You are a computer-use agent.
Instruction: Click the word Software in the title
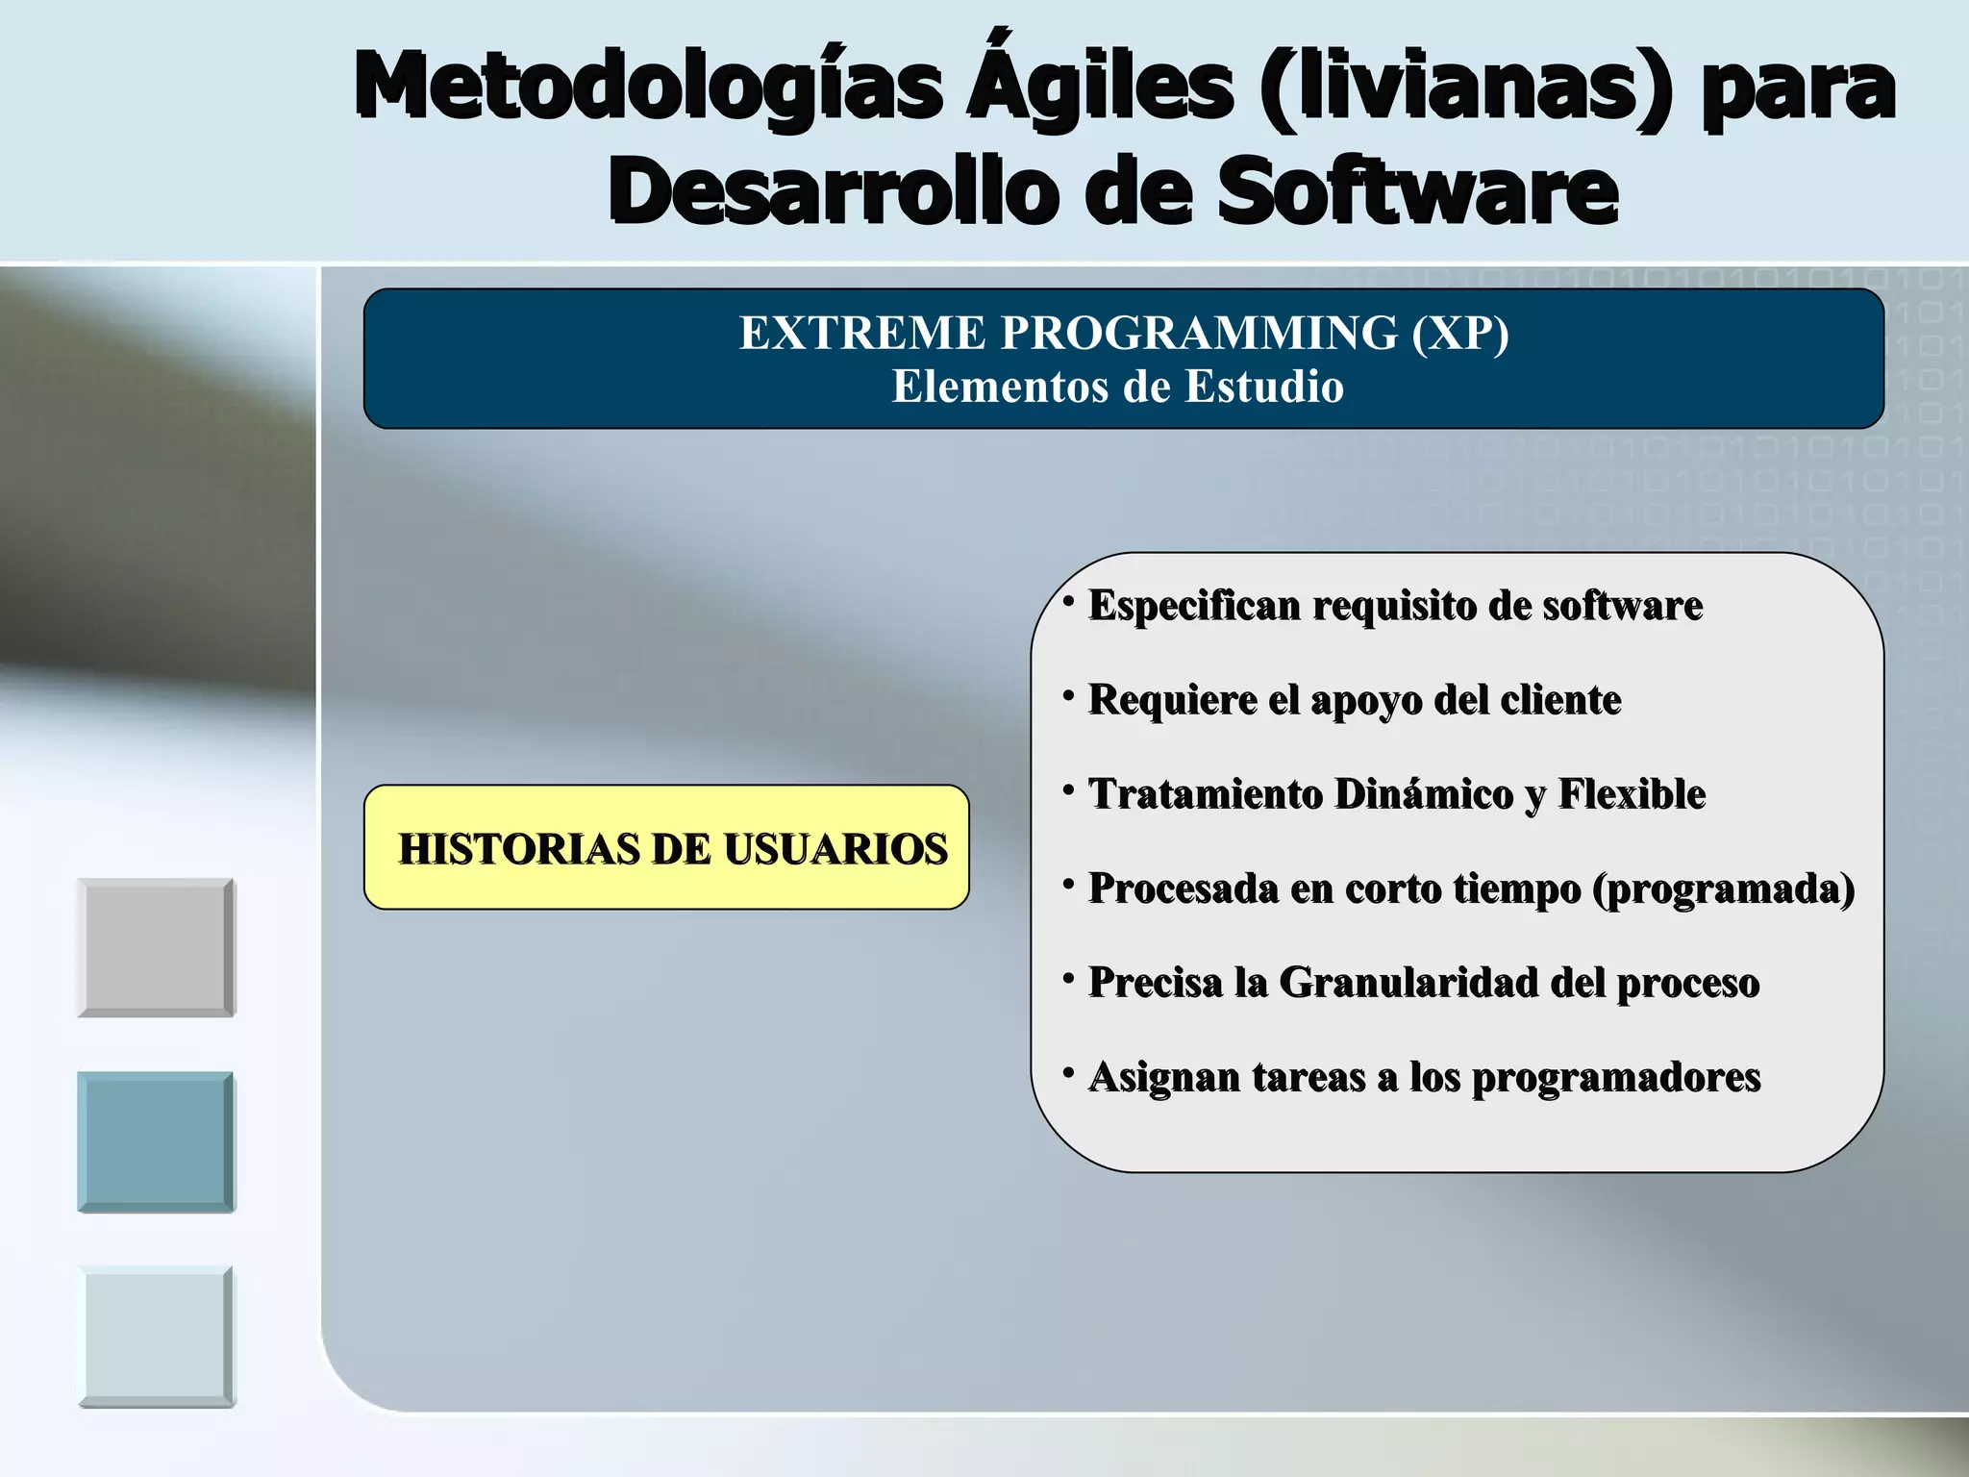[x=1417, y=192]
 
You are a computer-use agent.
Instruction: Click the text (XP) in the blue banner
[x=1460, y=334]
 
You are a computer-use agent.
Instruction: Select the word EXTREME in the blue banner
[x=861, y=334]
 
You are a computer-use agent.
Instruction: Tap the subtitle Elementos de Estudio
[x=1117, y=387]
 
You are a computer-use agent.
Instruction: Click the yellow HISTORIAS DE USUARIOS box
[x=666, y=847]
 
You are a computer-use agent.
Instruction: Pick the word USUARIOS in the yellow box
[x=835, y=849]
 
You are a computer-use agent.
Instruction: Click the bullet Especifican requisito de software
[x=1395, y=606]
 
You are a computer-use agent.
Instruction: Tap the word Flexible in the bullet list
[x=1632, y=794]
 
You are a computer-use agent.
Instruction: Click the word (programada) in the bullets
[x=1724, y=889]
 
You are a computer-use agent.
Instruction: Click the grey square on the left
[x=156, y=947]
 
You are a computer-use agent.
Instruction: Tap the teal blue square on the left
[x=156, y=1141]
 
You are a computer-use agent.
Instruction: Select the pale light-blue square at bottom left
[x=156, y=1336]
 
